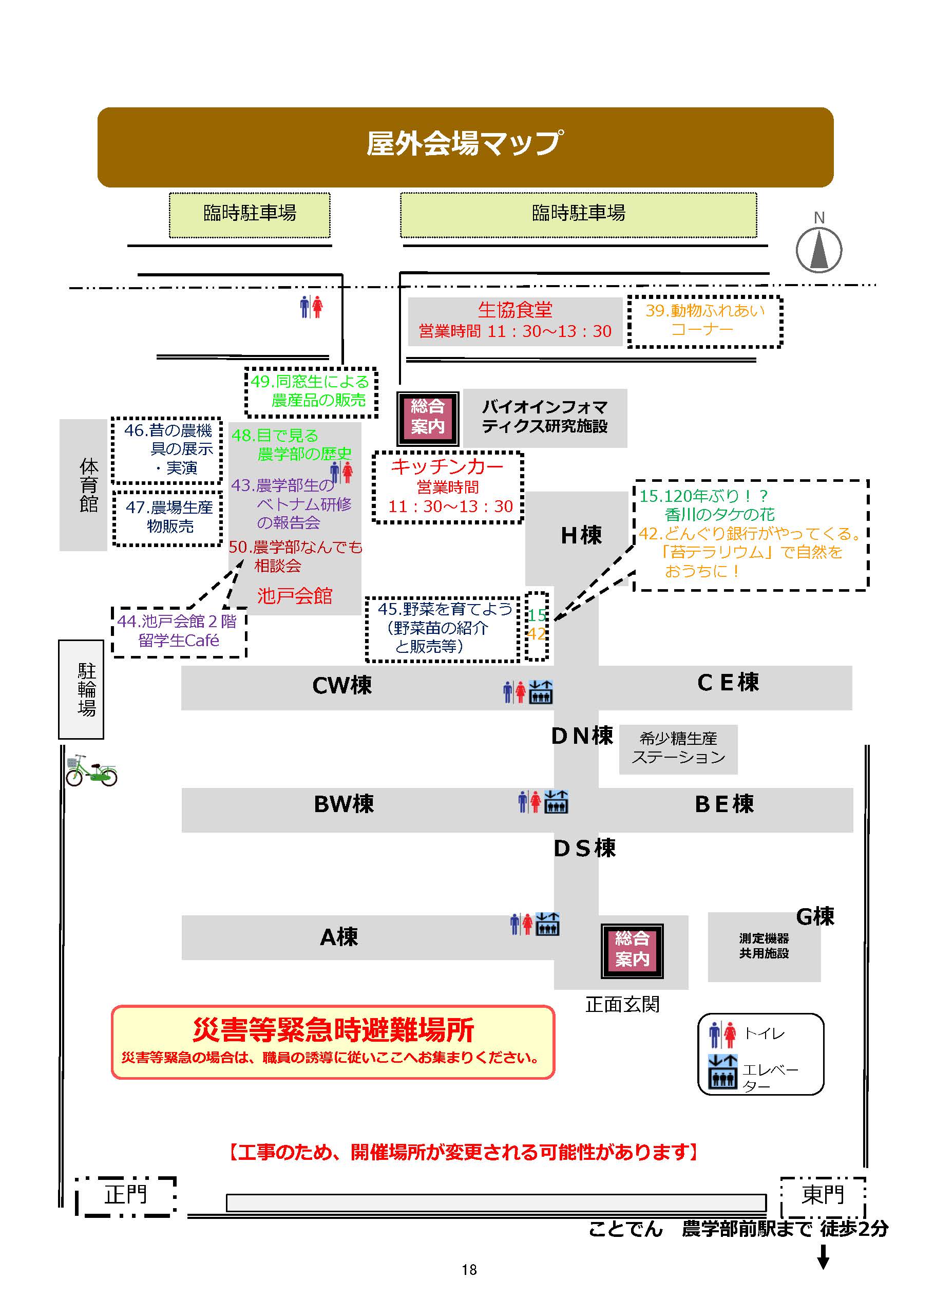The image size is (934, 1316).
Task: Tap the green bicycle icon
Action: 91,770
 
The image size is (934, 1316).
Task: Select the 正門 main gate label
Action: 125,1194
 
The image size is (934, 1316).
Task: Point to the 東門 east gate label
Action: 823,1194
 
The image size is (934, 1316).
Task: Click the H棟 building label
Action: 581,535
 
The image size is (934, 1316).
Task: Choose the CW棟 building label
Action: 342,685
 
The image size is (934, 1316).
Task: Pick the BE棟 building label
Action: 724,803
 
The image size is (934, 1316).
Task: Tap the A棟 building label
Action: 339,937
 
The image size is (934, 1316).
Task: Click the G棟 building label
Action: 815,916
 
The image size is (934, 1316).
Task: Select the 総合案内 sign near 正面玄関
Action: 632,951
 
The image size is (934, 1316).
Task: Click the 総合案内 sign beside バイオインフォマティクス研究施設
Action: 427,417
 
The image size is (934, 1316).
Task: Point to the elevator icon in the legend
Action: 722,1071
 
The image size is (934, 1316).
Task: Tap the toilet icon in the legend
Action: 722,1034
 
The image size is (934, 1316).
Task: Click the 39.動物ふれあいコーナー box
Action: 704,321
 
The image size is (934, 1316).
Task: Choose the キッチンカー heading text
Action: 447,466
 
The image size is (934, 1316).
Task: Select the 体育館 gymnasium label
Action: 88,484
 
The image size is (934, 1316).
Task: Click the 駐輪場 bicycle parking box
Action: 81,688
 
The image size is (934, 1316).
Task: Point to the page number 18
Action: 469,1269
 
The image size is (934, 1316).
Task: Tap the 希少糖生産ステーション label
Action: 678,748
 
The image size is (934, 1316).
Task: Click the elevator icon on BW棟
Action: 556,801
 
